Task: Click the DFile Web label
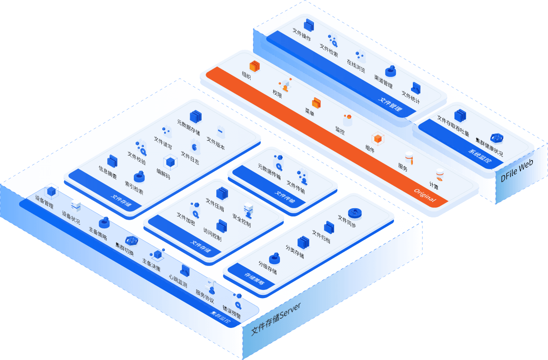tap(516, 171)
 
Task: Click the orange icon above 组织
tap(255, 66)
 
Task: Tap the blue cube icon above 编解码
tap(170, 161)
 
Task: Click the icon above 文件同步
tap(354, 212)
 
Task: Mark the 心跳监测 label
tap(178, 281)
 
